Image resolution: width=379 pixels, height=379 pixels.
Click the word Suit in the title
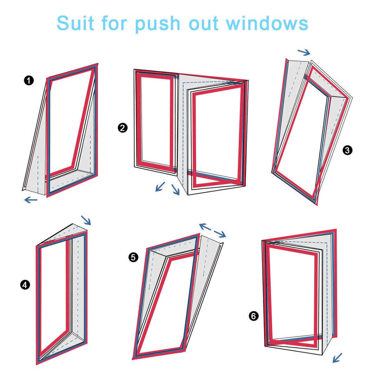coord(75,23)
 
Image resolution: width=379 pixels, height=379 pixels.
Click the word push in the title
coord(158,25)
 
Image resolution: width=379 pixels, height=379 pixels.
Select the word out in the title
coord(204,24)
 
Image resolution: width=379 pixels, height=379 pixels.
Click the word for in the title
coord(114,23)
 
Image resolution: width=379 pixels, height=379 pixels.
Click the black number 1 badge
coord(29,80)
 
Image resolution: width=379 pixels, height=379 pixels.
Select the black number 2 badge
coord(122,128)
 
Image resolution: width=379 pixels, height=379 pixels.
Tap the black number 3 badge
coord(347,150)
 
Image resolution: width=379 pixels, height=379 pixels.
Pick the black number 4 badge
coord(25,285)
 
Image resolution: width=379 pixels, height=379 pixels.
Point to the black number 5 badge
coord(133,257)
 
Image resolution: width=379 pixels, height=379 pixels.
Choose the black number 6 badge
coord(254,316)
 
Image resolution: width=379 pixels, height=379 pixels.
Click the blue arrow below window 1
coord(31,200)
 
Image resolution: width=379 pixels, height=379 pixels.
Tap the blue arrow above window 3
coord(304,52)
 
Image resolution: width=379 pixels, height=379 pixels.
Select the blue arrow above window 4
coord(86,220)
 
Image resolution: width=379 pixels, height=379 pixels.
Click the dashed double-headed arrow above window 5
coord(212,230)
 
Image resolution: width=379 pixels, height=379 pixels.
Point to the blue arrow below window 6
coord(338,358)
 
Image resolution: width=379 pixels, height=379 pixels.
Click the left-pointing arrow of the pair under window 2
coord(160,187)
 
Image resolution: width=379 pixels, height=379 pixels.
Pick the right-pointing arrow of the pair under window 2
coord(176,190)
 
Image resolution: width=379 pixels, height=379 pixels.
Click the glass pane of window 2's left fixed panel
coord(156,120)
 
